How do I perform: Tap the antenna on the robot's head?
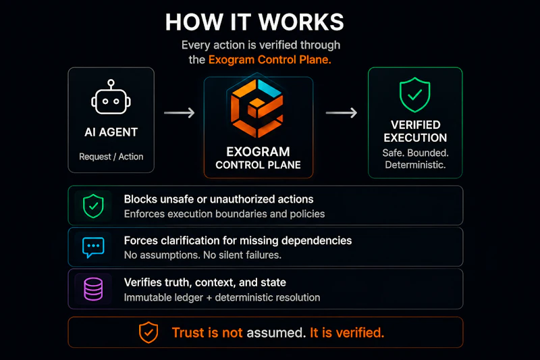(111, 84)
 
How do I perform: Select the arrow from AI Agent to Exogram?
(180, 113)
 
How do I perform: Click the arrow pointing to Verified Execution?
(342, 113)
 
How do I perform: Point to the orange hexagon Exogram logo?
(257, 108)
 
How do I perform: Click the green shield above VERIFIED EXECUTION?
(415, 95)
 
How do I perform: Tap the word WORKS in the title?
(301, 22)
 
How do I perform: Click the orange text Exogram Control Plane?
(269, 59)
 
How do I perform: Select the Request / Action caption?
(111, 157)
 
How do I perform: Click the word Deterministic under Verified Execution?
(415, 165)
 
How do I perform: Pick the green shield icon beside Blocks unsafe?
(93, 206)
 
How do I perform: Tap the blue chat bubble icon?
(93, 247)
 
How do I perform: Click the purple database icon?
(93, 289)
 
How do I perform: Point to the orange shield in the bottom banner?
(148, 332)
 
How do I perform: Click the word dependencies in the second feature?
(317, 241)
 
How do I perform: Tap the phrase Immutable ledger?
(163, 297)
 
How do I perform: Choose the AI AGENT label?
(111, 132)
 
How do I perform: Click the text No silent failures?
(242, 255)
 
